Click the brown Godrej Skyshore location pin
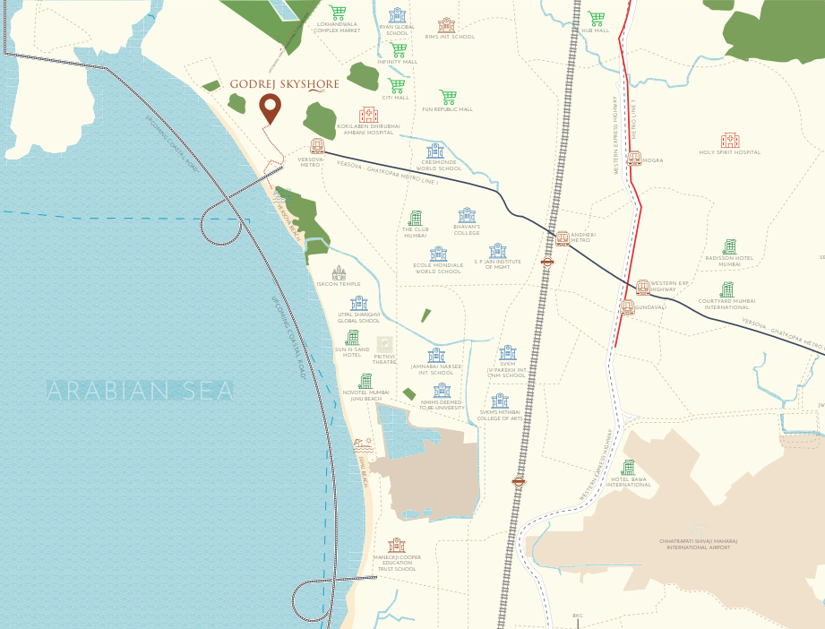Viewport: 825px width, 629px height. pos(270,108)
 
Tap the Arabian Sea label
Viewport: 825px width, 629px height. pos(141,391)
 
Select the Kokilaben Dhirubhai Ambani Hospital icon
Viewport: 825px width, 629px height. pos(368,115)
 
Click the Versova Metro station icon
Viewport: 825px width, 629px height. pos(316,145)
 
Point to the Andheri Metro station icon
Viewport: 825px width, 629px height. pos(563,238)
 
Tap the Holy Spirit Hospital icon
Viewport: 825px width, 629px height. pos(730,140)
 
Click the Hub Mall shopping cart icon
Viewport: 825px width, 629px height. pos(596,18)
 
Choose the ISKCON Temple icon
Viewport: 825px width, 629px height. pos(339,272)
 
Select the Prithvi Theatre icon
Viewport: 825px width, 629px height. pos(384,345)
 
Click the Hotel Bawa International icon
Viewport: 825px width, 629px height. pos(628,468)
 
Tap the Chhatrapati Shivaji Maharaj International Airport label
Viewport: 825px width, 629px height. pos(694,544)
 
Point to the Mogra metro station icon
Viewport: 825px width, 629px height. pos(634,159)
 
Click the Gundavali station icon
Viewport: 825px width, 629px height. pos(627,306)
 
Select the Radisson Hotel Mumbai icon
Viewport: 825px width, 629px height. pos(729,246)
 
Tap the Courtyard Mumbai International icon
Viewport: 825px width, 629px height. pos(726,289)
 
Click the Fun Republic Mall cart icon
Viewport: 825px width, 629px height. pos(449,97)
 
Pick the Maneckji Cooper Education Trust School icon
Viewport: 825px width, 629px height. pos(396,545)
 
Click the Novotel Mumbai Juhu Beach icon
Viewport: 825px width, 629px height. pos(365,381)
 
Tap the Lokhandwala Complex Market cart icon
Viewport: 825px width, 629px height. pos(337,13)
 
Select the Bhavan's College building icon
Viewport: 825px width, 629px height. pos(466,215)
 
